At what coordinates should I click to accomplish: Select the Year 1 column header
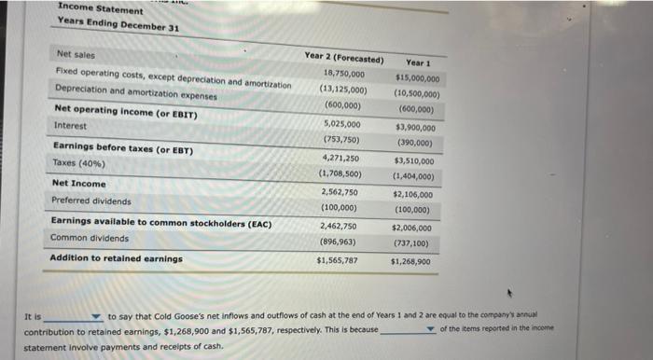(417, 63)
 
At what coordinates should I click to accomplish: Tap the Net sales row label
(76, 54)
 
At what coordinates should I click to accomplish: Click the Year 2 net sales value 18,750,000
(344, 73)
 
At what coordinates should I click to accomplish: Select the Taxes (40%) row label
(78, 163)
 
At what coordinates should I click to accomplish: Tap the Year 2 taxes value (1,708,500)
(341, 173)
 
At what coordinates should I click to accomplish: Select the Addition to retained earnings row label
(116, 258)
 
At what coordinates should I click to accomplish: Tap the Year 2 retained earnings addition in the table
(337, 260)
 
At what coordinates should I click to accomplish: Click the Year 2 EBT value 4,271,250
(340, 158)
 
